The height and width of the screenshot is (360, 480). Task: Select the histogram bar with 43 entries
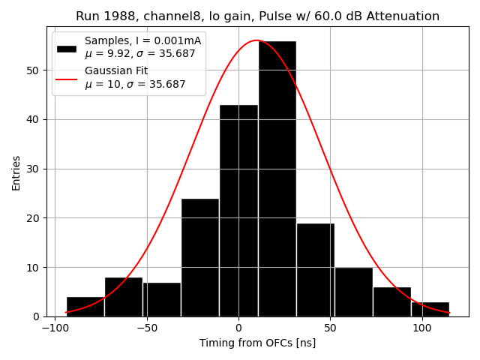click(238, 211)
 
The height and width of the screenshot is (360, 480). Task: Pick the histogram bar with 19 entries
click(315, 270)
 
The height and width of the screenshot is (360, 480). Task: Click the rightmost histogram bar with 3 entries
click(430, 309)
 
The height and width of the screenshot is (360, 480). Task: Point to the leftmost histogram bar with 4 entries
click(85, 307)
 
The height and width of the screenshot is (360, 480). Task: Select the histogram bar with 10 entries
click(353, 292)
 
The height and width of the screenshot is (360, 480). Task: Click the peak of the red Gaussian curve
click(256, 40)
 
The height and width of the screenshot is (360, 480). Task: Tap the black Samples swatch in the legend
click(67, 48)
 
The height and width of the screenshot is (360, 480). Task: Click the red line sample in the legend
click(67, 77)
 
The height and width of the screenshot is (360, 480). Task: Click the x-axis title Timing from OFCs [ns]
click(257, 343)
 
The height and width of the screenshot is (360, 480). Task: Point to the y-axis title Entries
click(16, 172)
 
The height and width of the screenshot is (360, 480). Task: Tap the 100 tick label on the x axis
click(421, 328)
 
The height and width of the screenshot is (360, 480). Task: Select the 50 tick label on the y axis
click(34, 70)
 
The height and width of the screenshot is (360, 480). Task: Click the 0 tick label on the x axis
click(238, 328)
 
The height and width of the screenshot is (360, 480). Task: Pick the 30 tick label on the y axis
click(34, 169)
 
